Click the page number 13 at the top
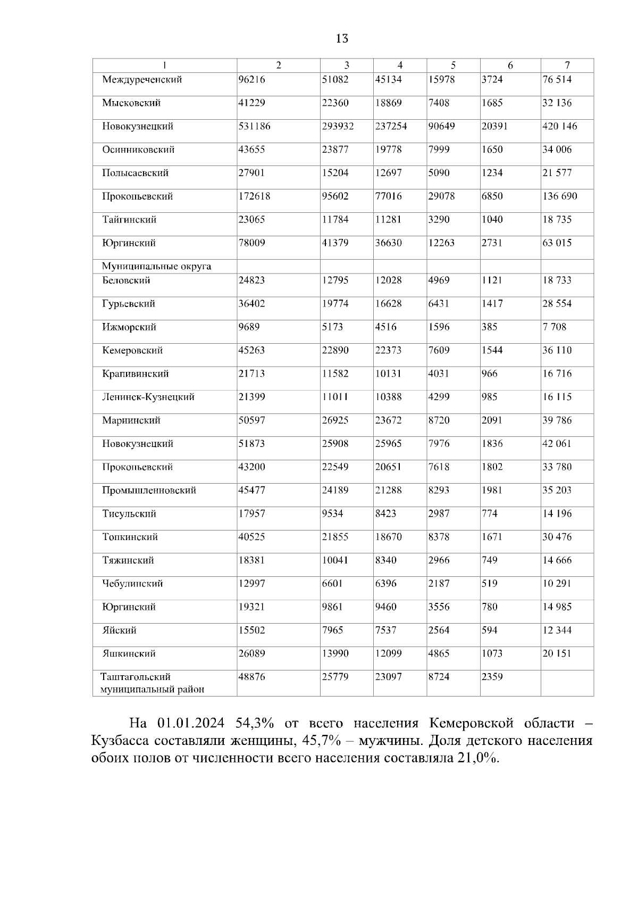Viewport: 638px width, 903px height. click(x=342, y=39)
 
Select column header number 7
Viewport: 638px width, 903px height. click(x=567, y=65)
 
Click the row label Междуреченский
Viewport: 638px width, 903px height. click(x=142, y=80)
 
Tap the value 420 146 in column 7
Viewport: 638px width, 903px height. click(x=559, y=127)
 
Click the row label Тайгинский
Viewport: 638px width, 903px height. click(x=129, y=220)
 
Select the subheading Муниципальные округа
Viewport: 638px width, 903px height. click(x=156, y=267)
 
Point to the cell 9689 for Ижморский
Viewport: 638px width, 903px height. click(x=249, y=327)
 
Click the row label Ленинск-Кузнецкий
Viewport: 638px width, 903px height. click(x=148, y=397)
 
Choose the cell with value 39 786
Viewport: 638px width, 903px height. click(x=557, y=420)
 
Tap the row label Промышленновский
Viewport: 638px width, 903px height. click(x=149, y=491)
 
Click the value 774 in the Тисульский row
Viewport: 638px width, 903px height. click(x=489, y=514)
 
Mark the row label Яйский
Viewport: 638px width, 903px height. click(x=120, y=631)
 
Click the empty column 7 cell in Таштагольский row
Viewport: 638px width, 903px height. click(x=567, y=683)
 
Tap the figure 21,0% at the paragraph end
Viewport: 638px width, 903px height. click(x=477, y=758)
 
